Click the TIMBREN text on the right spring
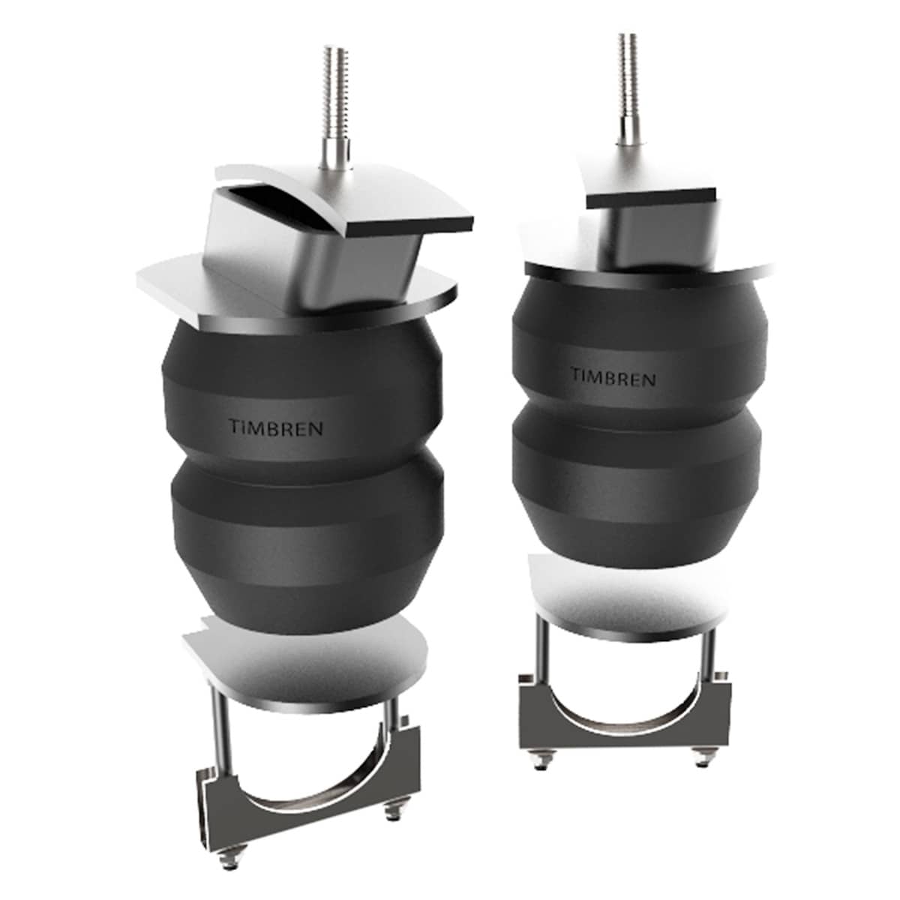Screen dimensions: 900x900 (613, 376)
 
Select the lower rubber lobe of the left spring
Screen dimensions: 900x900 (307, 540)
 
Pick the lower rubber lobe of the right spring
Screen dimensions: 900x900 (637, 480)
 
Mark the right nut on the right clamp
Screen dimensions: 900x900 (703, 760)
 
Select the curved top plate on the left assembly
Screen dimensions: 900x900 (390, 202)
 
